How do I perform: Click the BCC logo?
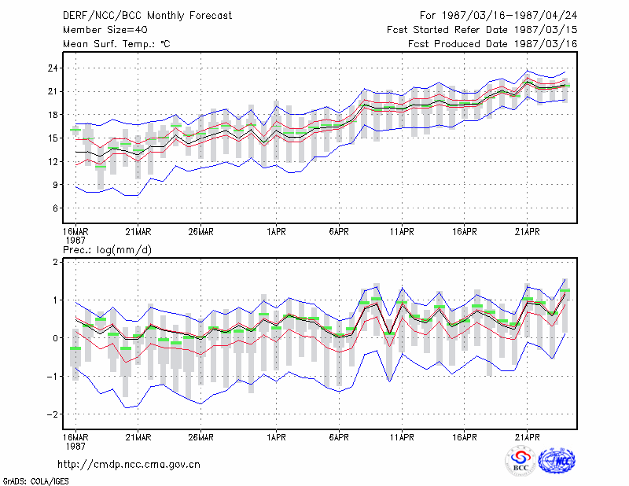tap(520, 460)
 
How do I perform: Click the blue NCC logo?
tap(557, 461)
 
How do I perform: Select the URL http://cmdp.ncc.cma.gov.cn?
tap(129, 465)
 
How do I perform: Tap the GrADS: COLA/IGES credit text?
tap(35, 481)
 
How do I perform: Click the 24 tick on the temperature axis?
tap(53, 68)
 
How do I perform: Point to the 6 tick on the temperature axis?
tap(55, 208)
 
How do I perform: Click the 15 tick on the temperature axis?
tap(53, 138)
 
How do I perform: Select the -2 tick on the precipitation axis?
tap(52, 414)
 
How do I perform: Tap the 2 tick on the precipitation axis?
tap(55, 262)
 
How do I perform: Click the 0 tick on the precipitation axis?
tap(55, 338)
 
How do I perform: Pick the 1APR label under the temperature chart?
tap(277, 232)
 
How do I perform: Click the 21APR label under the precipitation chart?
tap(527, 437)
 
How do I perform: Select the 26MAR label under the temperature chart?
tap(201, 232)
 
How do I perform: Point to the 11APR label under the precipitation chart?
tap(402, 437)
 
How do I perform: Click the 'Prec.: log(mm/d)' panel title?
tap(107, 250)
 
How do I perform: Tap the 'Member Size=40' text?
tap(105, 30)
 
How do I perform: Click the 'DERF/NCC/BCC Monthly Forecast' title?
tap(147, 16)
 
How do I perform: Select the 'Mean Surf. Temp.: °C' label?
tap(116, 44)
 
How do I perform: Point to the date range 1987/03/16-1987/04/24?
tap(509, 16)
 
